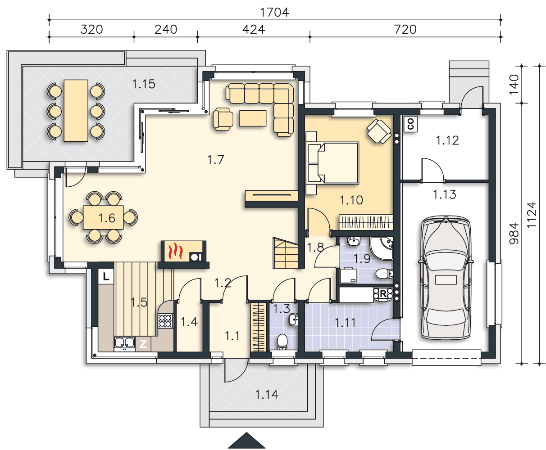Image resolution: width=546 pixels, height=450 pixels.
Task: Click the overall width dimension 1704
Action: pyautogui.click(x=274, y=12)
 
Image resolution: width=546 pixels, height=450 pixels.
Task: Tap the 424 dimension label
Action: pyautogui.click(x=254, y=29)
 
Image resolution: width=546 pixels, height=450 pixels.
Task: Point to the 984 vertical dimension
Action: pyautogui.click(x=514, y=233)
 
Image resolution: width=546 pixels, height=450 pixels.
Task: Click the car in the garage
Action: pyautogui.click(x=446, y=277)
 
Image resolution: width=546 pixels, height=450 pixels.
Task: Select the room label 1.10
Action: pyautogui.click(x=351, y=200)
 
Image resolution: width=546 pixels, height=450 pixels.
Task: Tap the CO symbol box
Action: pyautogui.click(x=410, y=124)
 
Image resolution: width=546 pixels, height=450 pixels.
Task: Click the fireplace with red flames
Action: pyautogui.click(x=183, y=251)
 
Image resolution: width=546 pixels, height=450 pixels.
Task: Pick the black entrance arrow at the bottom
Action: pyautogui.click(x=246, y=441)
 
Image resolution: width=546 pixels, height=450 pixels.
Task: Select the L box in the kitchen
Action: pyautogui.click(x=106, y=276)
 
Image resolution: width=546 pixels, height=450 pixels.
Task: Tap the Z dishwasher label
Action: pyautogui.click(x=143, y=344)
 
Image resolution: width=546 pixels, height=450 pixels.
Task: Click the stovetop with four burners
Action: pyautogui.click(x=165, y=321)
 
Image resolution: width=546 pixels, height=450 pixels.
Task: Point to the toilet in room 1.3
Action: pyautogui.click(x=282, y=342)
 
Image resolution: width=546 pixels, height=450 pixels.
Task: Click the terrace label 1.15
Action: pyautogui.click(x=144, y=84)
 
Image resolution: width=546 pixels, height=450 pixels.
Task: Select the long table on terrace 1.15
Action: pyautogui.click(x=76, y=111)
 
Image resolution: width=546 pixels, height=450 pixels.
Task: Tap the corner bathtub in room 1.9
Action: pyautogui.click(x=382, y=248)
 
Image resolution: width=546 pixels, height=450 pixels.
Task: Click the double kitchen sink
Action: pyautogui.click(x=124, y=343)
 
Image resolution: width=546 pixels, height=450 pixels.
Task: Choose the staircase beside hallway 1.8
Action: pyautogui.click(x=285, y=253)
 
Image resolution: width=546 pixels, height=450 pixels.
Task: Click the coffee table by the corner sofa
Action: pyautogui.click(x=253, y=118)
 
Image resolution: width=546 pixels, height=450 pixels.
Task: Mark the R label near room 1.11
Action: pyautogui.click(x=383, y=293)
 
